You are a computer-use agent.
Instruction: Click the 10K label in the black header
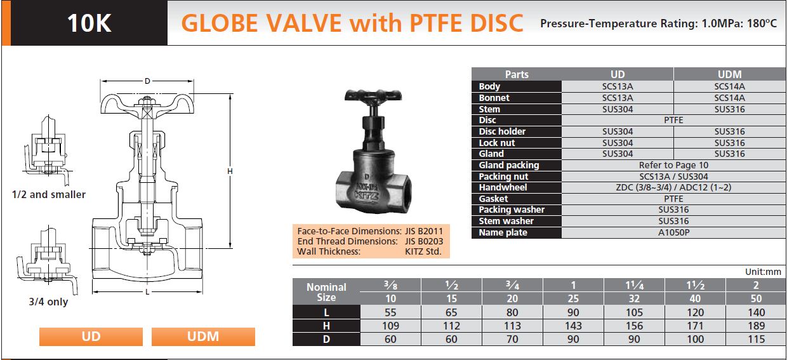[89, 23]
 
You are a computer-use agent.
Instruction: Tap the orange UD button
[91, 337]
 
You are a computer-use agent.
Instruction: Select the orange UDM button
[203, 337]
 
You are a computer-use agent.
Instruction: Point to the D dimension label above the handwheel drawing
[147, 81]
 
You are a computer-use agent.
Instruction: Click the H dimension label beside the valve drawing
[230, 171]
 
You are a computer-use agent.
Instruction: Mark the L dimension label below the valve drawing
[147, 292]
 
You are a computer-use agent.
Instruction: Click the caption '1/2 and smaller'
[49, 194]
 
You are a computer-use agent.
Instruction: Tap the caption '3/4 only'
[48, 302]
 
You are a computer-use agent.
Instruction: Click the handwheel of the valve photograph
[373, 96]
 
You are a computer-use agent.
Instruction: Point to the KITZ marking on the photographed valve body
[366, 196]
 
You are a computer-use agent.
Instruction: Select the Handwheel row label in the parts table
[503, 187]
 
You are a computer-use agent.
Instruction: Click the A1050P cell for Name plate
[673, 232]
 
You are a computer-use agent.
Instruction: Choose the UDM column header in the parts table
[730, 74]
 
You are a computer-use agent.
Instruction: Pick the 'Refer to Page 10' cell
[673, 165]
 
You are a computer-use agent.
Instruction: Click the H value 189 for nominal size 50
[756, 326]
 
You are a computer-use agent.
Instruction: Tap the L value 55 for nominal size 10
[390, 312]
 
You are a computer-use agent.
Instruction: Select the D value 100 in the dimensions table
[696, 339]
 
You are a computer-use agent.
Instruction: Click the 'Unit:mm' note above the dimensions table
[763, 272]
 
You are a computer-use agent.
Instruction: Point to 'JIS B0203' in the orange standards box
[424, 241]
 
